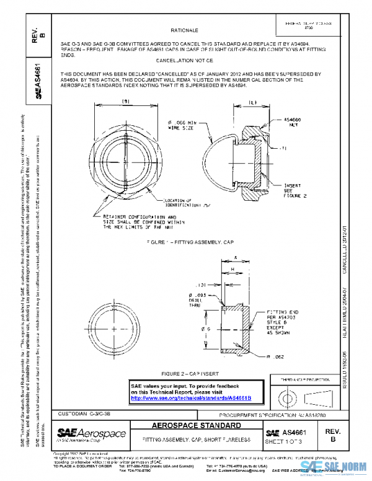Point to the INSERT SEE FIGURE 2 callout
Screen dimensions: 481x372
[x=293, y=189]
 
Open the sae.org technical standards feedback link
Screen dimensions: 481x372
[x=198, y=397]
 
